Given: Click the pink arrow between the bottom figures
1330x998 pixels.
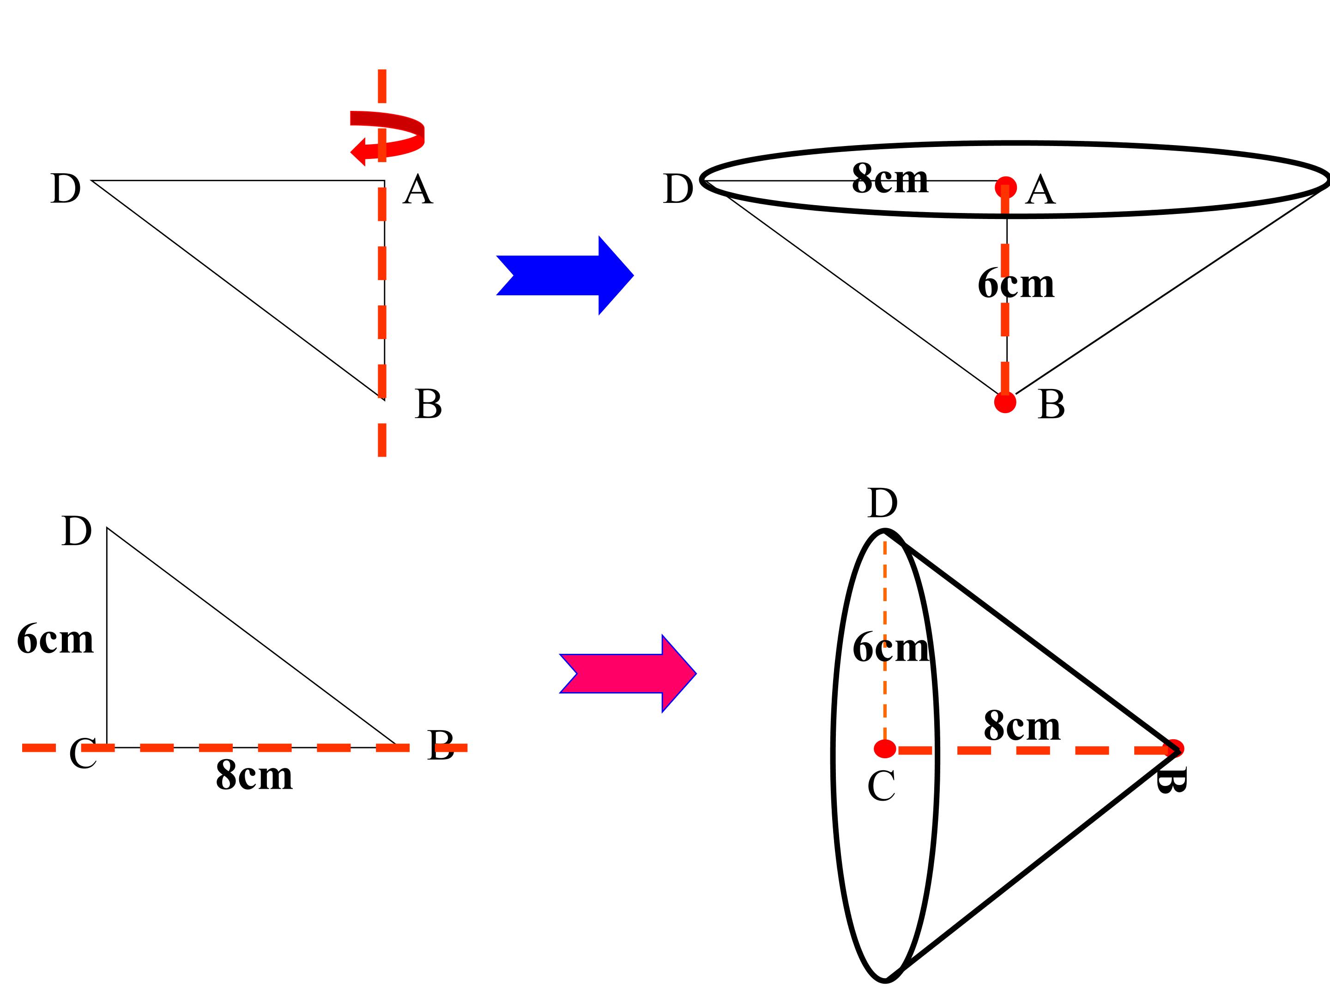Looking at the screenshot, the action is (628, 674).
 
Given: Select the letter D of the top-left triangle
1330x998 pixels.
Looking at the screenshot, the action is (66, 189).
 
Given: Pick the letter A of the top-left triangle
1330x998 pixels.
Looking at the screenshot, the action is (418, 190).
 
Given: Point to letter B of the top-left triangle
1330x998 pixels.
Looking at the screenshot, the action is (428, 404).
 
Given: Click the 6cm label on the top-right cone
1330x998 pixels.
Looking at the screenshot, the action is (1016, 283).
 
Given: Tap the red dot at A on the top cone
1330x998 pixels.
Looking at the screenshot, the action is (1006, 188).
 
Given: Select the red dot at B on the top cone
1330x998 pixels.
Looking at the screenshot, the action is (1005, 402).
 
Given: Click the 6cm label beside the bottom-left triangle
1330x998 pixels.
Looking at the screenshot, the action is (55, 639).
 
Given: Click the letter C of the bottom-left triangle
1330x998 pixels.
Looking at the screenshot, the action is (83, 753).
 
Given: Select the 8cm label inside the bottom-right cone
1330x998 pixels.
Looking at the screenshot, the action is (1022, 726).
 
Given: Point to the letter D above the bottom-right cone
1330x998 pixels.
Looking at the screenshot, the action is (883, 504).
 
